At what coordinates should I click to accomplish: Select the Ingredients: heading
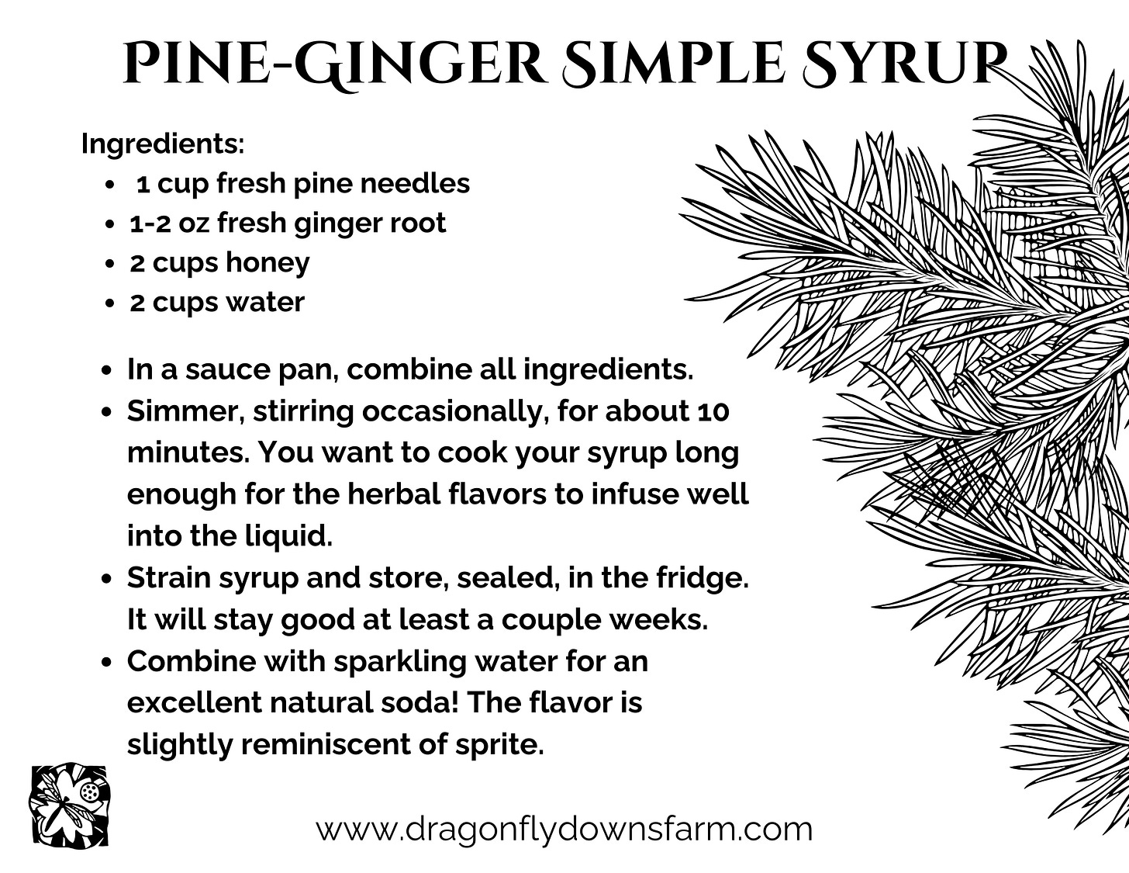tap(163, 144)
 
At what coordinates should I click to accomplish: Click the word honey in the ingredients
tap(268, 263)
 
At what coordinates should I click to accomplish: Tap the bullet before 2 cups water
tap(109, 303)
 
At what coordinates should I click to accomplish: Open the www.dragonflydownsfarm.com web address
tap(564, 829)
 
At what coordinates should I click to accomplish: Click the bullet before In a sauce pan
tap(107, 371)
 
